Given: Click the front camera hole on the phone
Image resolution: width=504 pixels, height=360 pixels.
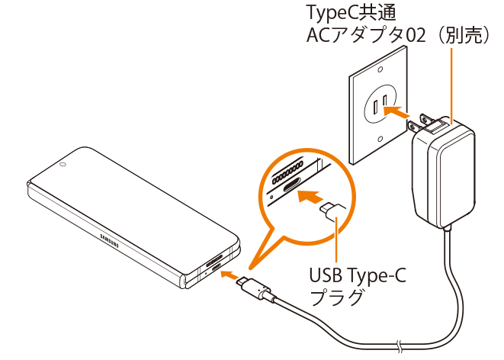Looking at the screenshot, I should tap(62, 164).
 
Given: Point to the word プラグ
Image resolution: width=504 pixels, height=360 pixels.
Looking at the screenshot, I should tap(335, 296).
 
